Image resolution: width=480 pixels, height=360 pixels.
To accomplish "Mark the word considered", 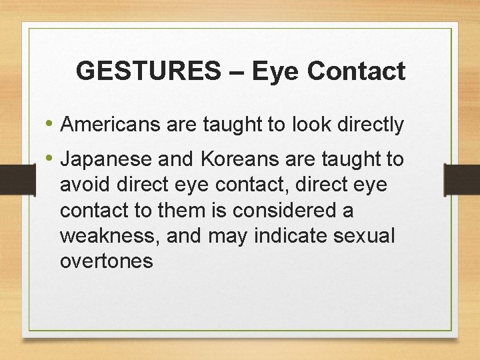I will pyautogui.click(x=288, y=211).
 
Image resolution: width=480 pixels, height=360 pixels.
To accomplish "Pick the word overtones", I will pyautogui.click(x=106, y=261).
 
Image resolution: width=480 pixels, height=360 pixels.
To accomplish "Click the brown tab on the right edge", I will pyautogui.click(x=462, y=179).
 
